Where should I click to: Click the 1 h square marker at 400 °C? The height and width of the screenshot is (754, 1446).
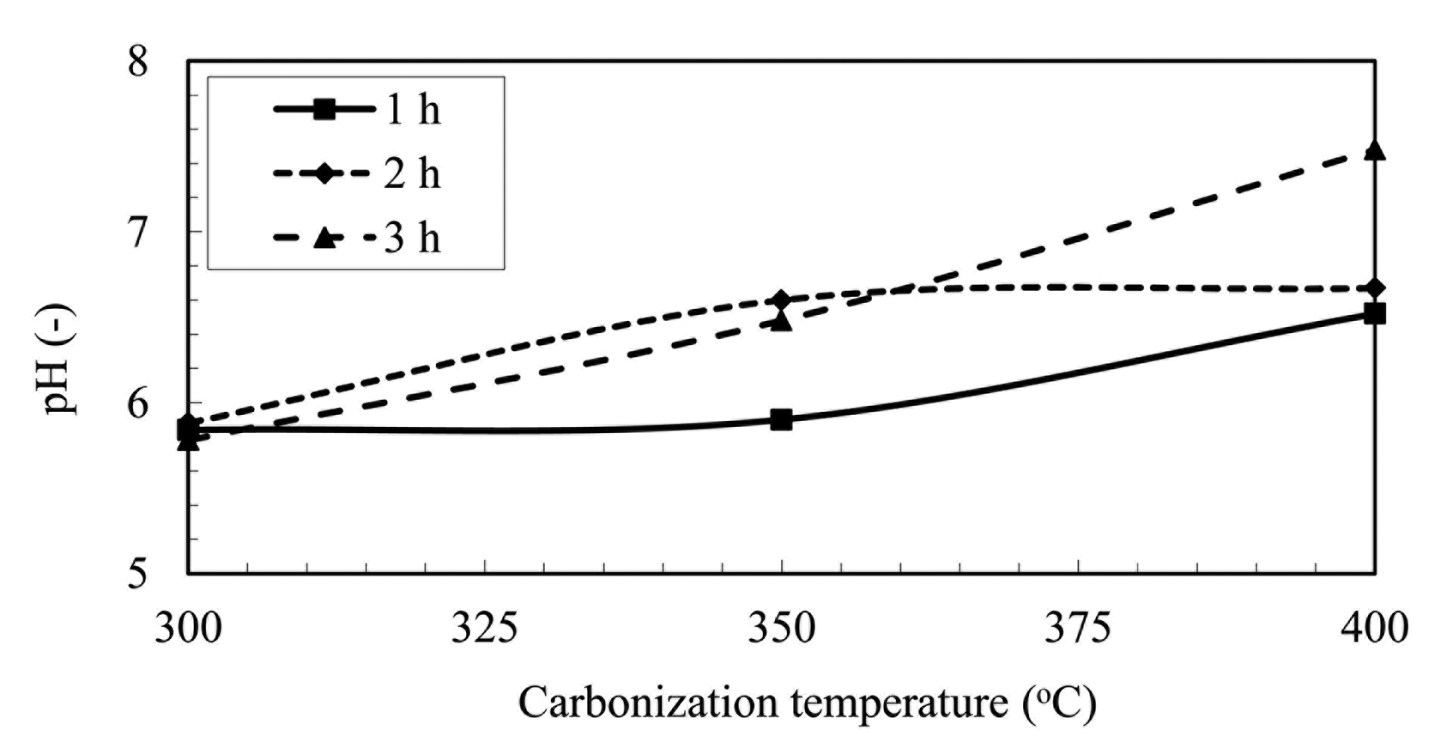click(x=1374, y=313)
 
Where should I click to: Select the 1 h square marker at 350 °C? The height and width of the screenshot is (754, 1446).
click(x=782, y=419)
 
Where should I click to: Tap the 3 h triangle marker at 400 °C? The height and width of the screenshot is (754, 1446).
click(x=1374, y=151)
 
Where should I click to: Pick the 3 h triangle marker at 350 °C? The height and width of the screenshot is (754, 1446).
click(x=782, y=322)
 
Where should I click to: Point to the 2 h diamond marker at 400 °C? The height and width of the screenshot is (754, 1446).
click(x=1374, y=288)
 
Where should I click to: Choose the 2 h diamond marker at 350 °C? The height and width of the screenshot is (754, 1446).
click(x=782, y=300)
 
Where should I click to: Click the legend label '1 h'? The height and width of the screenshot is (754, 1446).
click(x=412, y=111)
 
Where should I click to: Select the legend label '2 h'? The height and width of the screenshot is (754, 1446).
click(x=412, y=174)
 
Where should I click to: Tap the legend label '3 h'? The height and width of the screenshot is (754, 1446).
click(x=412, y=238)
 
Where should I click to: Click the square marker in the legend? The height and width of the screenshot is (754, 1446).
click(x=325, y=111)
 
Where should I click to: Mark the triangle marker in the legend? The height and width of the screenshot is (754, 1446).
click(x=325, y=238)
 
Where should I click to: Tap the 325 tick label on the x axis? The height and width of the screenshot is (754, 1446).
click(x=484, y=628)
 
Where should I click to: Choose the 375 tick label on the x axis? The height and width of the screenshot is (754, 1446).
click(x=1078, y=628)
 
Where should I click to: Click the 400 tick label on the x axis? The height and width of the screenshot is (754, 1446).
click(x=1374, y=628)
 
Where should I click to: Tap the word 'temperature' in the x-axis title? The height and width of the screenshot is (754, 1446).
click(x=900, y=703)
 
